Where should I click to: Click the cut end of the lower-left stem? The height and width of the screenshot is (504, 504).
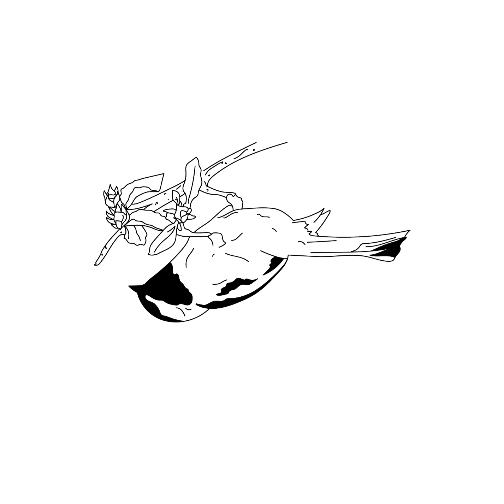[x=96, y=263]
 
